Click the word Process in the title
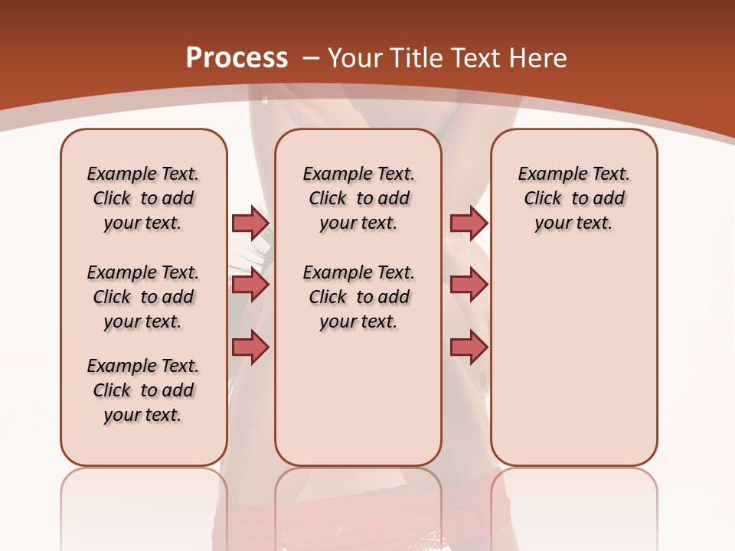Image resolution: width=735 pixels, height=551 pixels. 237,58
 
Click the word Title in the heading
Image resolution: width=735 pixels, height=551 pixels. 419,58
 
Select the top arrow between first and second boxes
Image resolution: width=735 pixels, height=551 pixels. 250,223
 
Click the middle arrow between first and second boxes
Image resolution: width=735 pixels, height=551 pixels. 250,285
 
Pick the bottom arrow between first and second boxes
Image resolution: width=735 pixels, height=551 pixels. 250,347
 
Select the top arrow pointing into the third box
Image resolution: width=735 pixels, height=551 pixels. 469,223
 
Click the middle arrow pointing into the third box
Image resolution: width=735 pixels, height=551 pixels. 469,285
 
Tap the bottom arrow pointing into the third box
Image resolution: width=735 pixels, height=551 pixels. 469,347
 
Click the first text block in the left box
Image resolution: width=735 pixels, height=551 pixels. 143,198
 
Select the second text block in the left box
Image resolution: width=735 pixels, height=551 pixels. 143,297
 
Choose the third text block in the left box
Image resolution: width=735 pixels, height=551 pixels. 143,390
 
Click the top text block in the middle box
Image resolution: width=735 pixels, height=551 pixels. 358,198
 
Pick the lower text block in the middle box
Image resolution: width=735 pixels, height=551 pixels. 358,297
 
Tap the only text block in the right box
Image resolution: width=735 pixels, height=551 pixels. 573,198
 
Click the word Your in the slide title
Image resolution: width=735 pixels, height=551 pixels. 356,58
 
